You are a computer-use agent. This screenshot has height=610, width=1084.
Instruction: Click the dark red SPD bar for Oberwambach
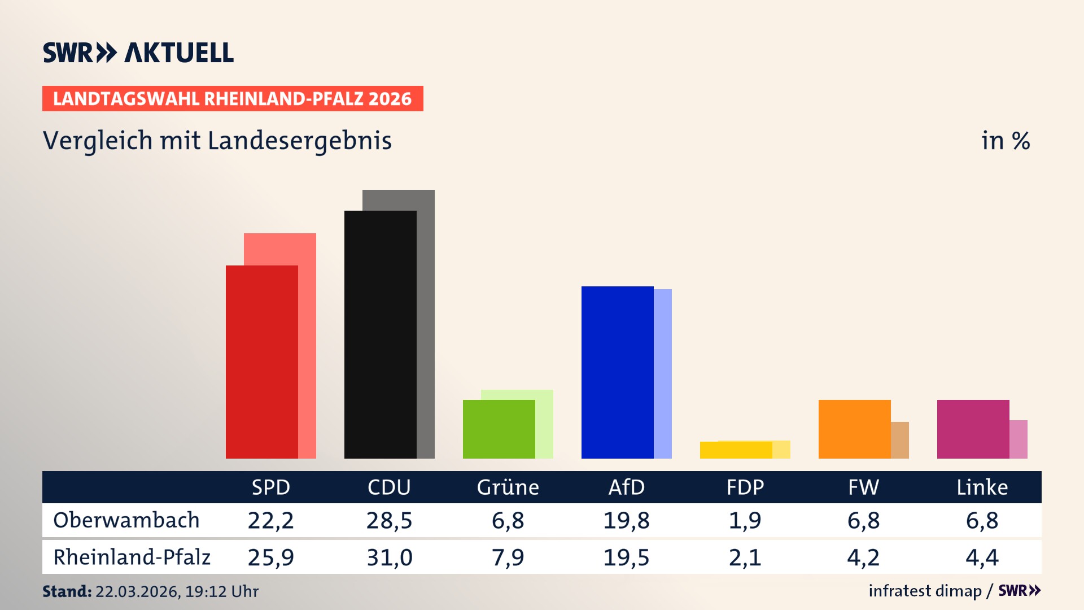(x=261, y=361)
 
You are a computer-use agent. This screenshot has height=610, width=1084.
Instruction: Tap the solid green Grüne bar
(x=499, y=429)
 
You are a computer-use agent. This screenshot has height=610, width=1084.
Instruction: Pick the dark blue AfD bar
(x=617, y=372)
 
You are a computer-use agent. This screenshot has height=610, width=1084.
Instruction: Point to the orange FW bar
(x=854, y=429)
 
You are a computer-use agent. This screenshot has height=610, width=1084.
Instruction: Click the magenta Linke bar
(x=973, y=429)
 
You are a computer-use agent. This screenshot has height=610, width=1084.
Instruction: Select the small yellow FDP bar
(x=736, y=450)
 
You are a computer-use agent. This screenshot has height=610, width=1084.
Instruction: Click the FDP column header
(x=745, y=487)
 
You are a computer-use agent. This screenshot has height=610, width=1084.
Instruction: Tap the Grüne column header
(x=508, y=487)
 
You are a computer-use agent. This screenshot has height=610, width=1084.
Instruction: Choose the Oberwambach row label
(x=126, y=520)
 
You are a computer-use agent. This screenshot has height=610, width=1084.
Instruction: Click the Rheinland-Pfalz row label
(x=132, y=557)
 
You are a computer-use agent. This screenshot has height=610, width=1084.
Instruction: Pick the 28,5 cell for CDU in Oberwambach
(x=389, y=520)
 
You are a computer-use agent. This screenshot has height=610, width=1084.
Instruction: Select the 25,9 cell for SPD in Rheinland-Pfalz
(x=270, y=557)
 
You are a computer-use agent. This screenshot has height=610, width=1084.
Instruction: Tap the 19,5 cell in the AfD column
(x=626, y=557)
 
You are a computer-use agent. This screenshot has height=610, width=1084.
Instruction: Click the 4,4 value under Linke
(x=982, y=557)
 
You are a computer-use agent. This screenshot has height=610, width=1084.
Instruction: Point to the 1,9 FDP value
(x=745, y=520)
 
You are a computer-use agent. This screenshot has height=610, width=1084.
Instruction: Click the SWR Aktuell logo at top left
(x=138, y=53)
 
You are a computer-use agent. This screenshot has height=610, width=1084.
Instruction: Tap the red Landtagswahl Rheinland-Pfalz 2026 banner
(x=233, y=99)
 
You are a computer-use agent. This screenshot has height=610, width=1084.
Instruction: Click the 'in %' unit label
(x=1005, y=141)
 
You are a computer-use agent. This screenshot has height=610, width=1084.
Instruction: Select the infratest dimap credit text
(x=925, y=591)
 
